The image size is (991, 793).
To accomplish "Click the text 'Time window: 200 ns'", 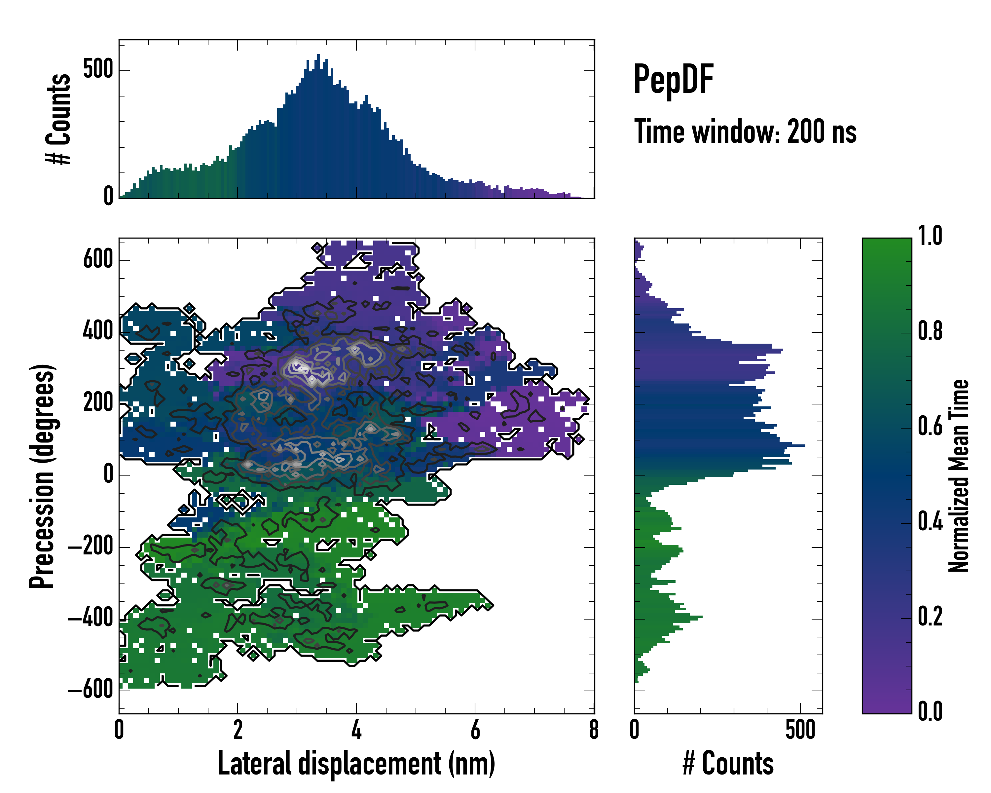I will [x=745, y=132].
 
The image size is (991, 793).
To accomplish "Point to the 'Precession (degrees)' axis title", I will [x=42, y=476].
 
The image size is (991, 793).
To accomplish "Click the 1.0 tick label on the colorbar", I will [x=930, y=236].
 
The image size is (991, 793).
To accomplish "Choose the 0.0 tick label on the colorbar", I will [x=930, y=711].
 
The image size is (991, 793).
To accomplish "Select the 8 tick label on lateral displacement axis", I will [x=594, y=730].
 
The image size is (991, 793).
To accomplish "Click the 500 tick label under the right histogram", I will [x=800, y=730].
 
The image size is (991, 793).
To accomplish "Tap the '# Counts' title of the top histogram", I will [x=59, y=119].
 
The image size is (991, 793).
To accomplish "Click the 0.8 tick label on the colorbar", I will [x=930, y=331].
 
